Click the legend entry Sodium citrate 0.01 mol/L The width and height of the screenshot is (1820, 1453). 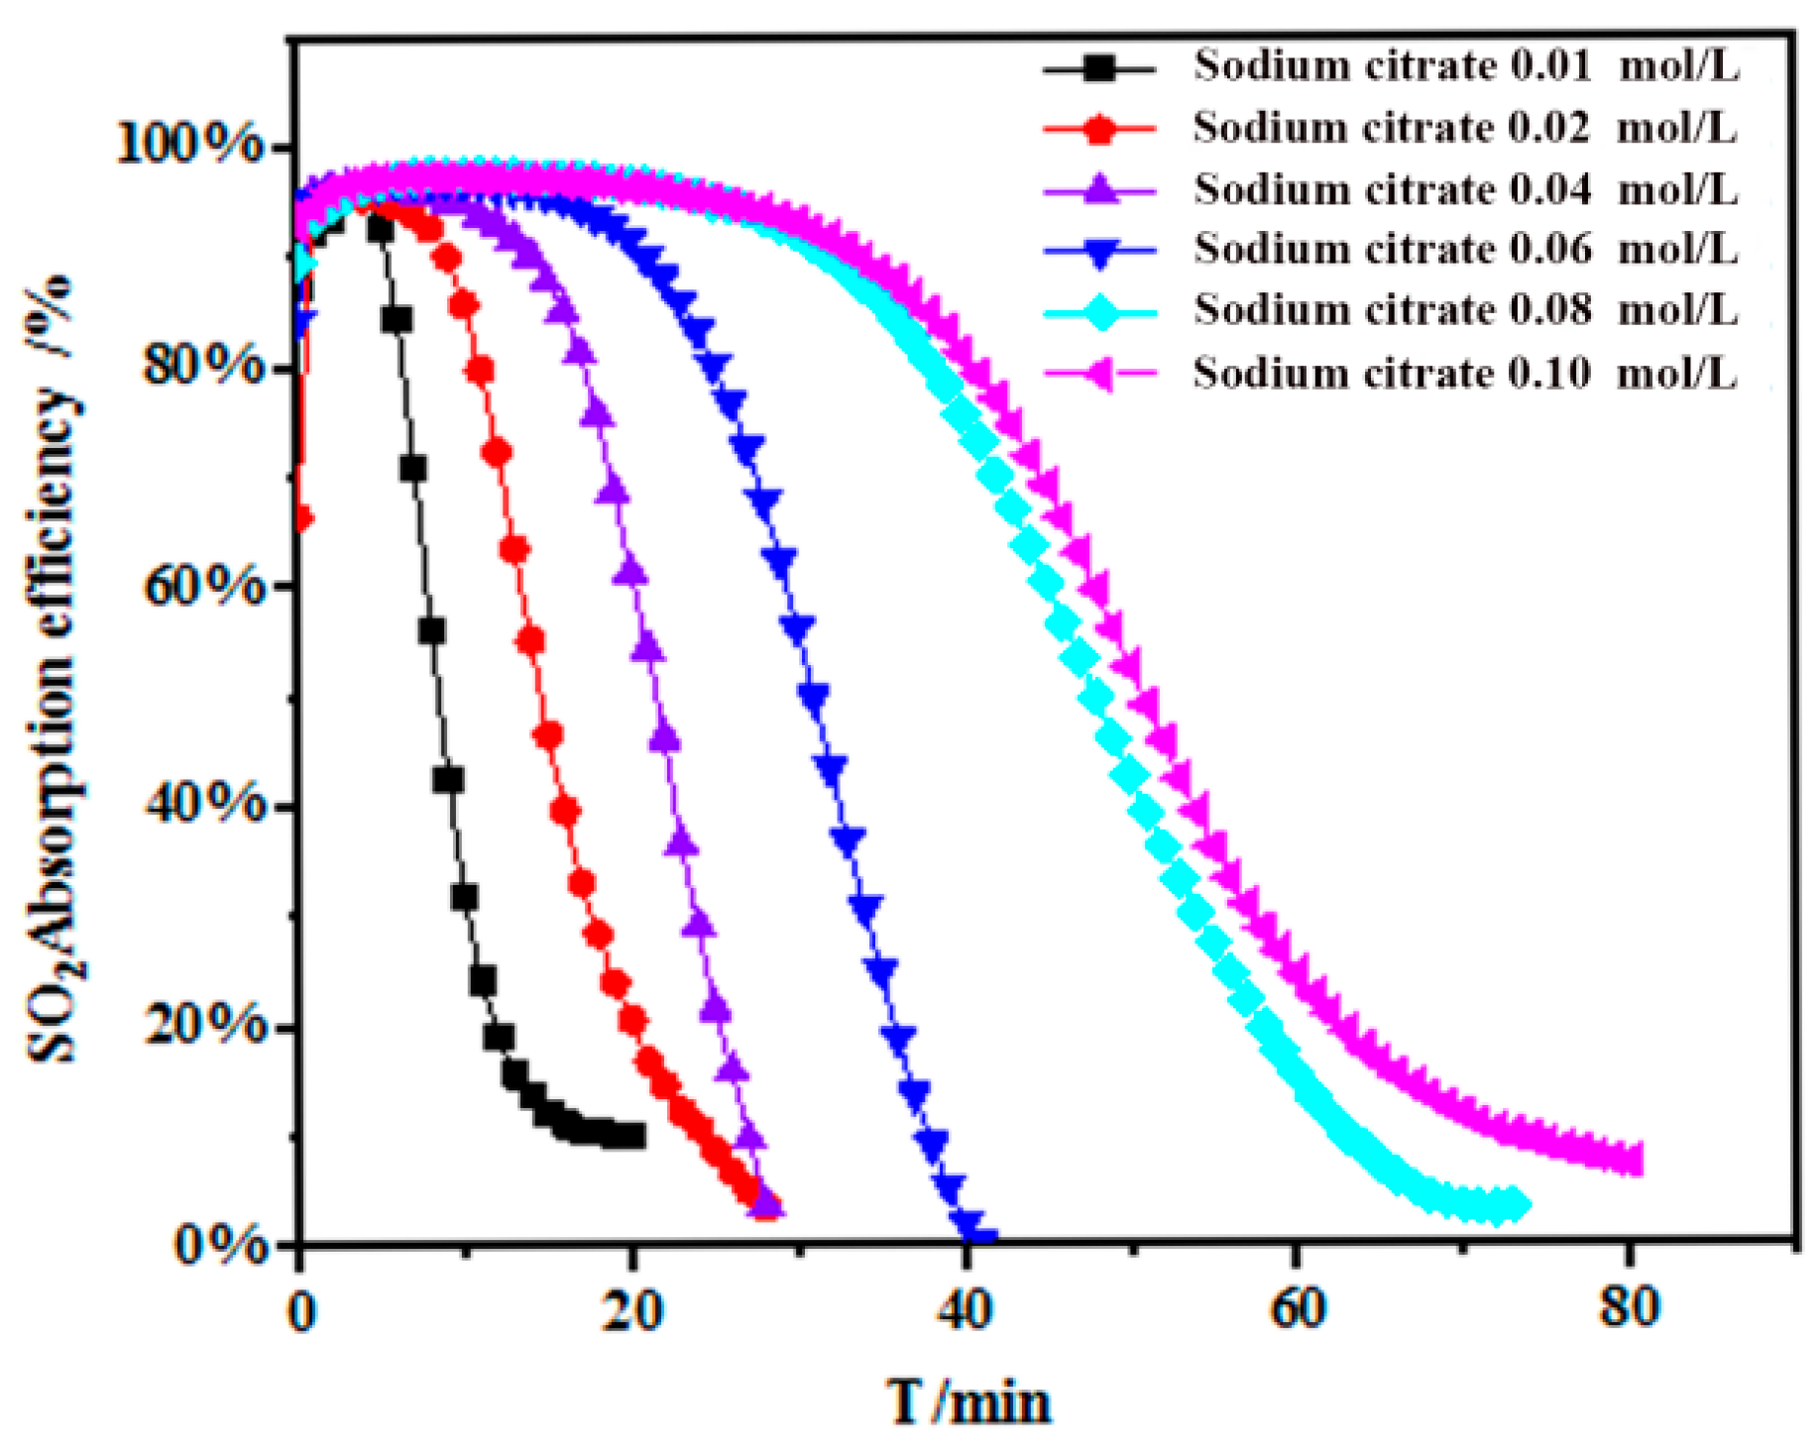(1465, 66)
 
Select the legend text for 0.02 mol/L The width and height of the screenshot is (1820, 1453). (1465, 129)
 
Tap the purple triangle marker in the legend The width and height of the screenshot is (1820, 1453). (1100, 188)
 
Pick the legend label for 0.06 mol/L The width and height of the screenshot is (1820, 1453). (1465, 249)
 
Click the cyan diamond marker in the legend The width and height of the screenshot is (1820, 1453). (1100, 312)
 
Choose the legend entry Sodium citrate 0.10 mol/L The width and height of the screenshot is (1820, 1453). (1465, 374)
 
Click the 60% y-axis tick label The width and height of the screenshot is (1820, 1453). (205, 586)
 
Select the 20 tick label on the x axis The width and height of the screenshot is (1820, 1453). (631, 1311)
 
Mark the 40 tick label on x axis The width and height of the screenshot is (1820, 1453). (964, 1311)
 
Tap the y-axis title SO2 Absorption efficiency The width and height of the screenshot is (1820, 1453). (55, 669)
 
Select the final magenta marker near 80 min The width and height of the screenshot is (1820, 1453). (1631, 1160)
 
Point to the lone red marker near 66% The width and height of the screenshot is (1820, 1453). (302, 518)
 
